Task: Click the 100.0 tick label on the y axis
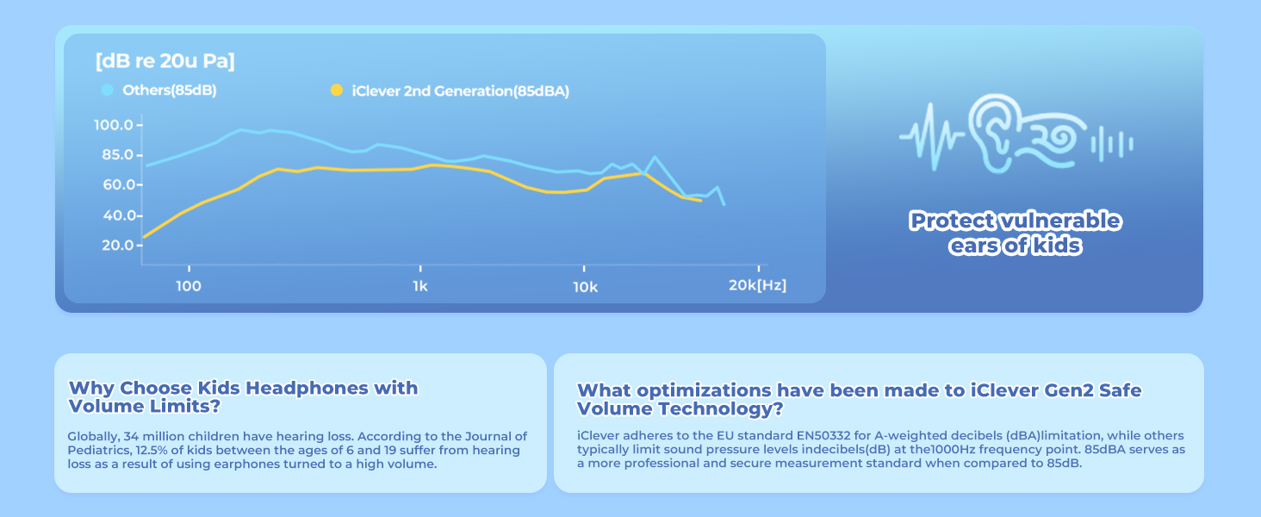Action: click(x=113, y=126)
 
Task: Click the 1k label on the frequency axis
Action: click(x=419, y=286)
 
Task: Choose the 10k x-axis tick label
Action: click(x=585, y=286)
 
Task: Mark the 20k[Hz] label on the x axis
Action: click(x=757, y=286)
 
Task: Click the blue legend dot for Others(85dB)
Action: click(x=108, y=90)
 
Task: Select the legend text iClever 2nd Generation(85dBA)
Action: click(x=461, y=90)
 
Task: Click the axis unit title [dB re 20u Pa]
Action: click(x=165, y=61)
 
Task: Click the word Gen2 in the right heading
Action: click(x=1016, y=390)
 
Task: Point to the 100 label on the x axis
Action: click(x=188, y=286)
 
